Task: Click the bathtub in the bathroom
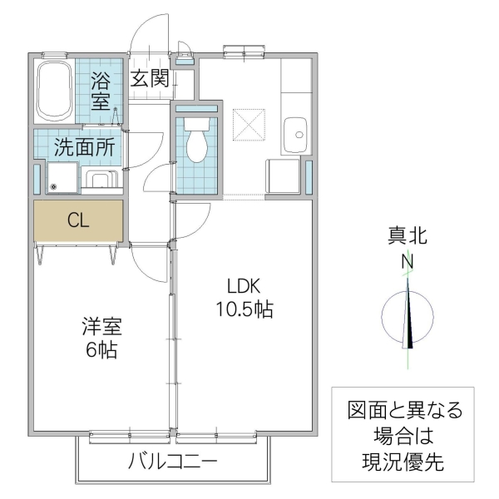[55, 90]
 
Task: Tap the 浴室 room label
[101, 91]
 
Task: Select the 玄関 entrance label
[151, 79]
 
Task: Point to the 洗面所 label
[84, 147]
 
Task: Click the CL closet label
[78, 220]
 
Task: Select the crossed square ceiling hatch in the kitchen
[249, 127]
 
